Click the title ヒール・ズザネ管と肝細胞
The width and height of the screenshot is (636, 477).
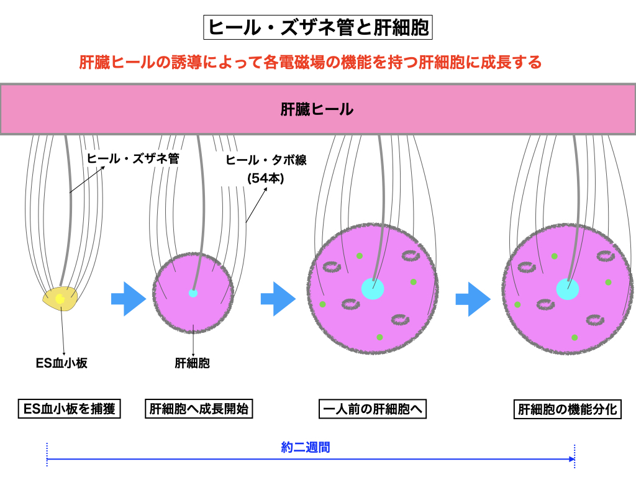[317, 28]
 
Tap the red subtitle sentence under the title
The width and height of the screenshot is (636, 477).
[311, 62]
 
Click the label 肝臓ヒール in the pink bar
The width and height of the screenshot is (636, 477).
[317, 110]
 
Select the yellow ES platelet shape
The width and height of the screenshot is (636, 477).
[60, 299]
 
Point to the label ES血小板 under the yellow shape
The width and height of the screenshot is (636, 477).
[61, 363]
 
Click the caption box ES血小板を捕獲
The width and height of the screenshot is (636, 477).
[69, 409]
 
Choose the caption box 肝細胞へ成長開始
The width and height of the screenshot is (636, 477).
[199, 409]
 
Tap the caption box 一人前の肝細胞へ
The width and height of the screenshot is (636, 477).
[373, 409]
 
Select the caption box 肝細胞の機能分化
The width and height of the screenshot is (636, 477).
[569, 410]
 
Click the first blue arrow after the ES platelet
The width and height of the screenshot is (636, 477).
[129, 299]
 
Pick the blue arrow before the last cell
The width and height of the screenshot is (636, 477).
[473, 299]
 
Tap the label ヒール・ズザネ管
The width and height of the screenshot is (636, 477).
[133, 158]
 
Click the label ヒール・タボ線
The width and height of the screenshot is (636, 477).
[266, 160]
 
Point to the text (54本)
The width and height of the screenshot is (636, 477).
[265, 178]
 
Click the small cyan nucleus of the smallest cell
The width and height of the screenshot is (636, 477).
[193, 293]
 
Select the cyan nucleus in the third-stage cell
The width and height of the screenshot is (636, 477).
[373, 289]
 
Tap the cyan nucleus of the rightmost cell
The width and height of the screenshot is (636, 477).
[568, 289]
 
